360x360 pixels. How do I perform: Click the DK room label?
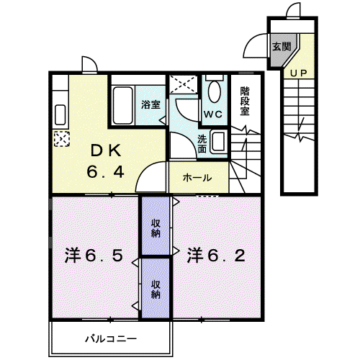click(106, 151)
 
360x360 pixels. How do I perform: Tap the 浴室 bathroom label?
click(150, 104)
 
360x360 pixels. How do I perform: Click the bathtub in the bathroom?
click(122, 105)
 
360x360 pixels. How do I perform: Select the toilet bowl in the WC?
click(215, 91)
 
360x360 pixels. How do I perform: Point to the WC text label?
click(213, 114)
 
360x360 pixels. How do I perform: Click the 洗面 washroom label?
click(202, 144)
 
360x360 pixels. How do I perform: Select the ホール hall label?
click(197, 178)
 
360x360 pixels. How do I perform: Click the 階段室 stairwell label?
click(245, 101)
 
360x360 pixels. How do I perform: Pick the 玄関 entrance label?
click(282, 46)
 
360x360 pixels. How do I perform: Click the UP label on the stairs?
click(298, 73)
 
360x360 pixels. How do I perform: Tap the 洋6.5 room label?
click(94, 256)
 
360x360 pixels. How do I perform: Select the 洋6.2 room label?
click(216, 256)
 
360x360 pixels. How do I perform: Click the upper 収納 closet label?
click(156, 228)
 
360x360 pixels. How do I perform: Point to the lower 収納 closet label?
click(156, 289)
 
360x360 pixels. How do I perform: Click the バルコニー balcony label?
click(111, 339)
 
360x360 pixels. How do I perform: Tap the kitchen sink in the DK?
click(60, 114)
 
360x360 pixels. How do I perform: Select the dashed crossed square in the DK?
click(62, 138)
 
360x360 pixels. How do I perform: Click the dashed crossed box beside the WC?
click(184, 84)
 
